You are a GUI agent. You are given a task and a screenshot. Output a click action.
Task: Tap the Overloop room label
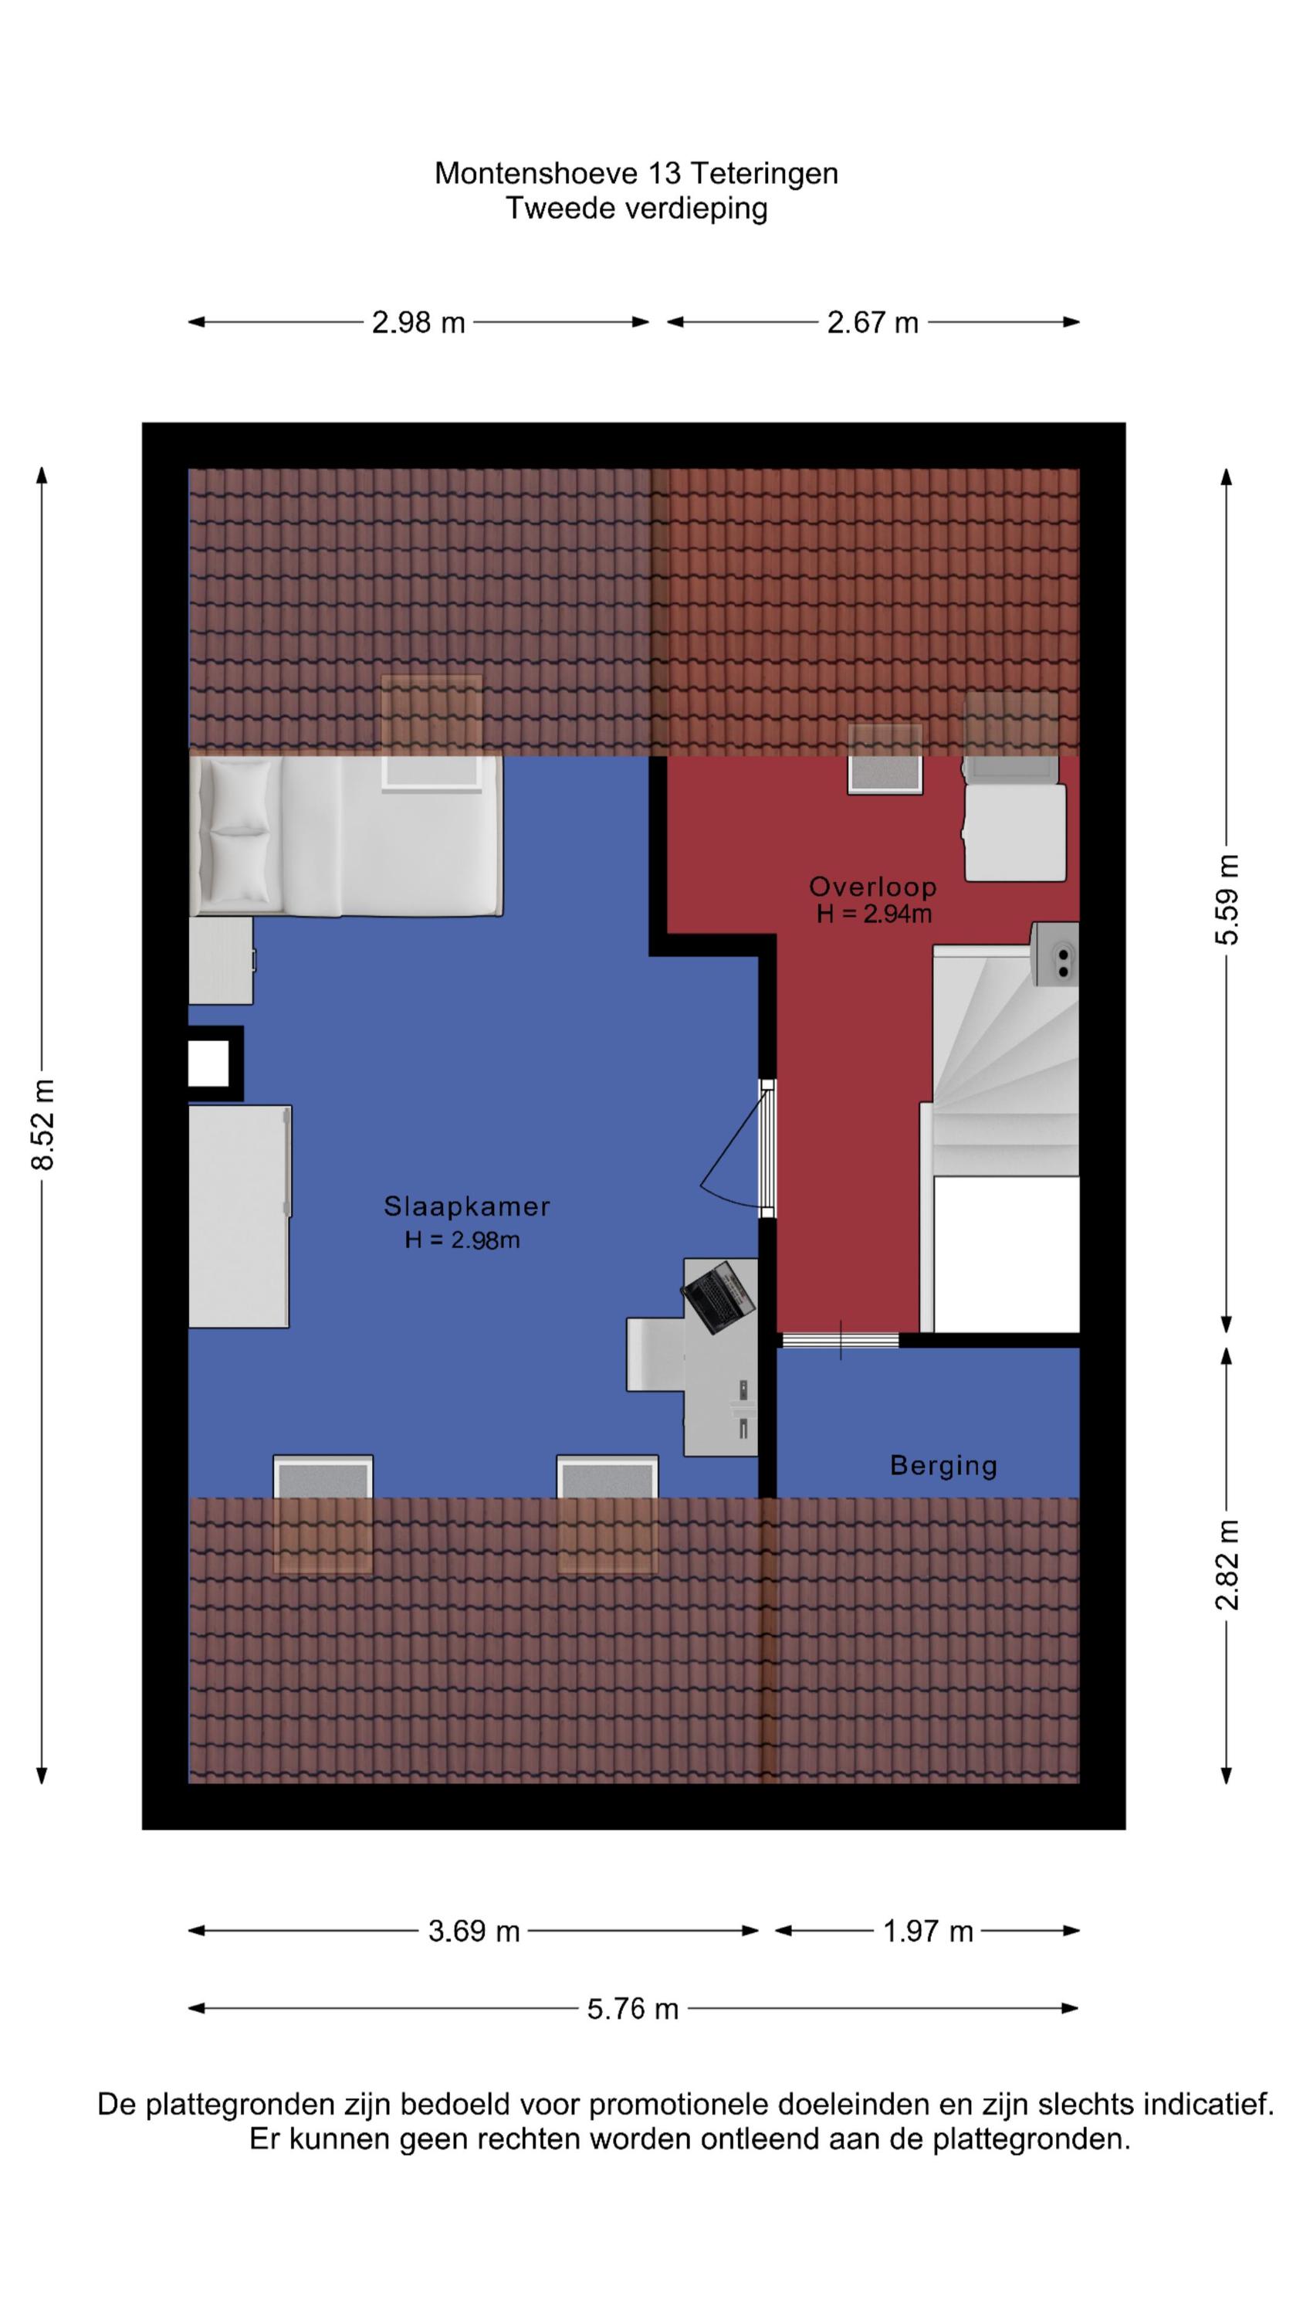coord(872,886)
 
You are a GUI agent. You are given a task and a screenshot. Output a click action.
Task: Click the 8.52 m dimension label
coord(42,1125)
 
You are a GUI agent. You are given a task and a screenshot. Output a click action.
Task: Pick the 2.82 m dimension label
coord(1227,1564)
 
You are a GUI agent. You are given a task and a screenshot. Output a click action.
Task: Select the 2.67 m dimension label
coord(872,322)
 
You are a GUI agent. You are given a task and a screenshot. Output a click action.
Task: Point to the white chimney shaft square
coord(208,1064)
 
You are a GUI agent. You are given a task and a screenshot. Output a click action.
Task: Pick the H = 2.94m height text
coord(873,914)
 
